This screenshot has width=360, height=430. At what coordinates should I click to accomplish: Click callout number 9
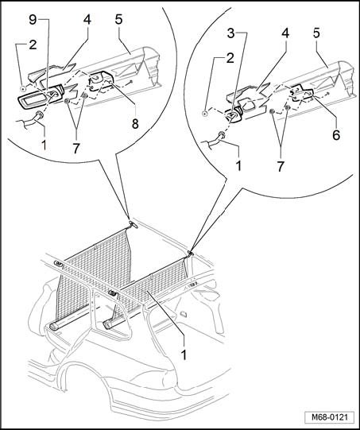pos(33,20)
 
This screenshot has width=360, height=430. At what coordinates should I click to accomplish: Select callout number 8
pos(135,123)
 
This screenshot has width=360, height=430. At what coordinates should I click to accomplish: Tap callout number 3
pos(231,33)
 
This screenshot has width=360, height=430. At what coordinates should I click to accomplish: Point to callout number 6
pos(336,134)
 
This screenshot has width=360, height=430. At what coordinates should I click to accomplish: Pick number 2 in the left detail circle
pos(33,45)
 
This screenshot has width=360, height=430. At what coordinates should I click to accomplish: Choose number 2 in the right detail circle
pos(230,58)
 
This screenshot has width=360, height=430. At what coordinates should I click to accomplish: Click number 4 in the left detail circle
pos(87,20)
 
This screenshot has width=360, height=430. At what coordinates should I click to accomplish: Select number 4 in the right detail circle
pos(285,33)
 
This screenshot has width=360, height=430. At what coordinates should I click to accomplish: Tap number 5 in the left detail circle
pos(118,20)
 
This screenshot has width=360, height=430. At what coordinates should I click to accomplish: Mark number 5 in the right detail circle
pos(316,33)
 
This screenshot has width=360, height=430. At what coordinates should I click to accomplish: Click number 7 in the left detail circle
pos(76,148)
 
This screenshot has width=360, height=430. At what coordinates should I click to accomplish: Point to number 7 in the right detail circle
pos(280,166)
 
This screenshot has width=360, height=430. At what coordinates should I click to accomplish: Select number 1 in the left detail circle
pos(44,145)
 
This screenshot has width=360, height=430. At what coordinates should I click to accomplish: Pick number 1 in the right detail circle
pos(239,165)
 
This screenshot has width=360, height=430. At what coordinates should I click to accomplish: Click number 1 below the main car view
pos(184,354)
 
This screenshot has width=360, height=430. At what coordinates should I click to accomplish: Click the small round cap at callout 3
pos(234,116)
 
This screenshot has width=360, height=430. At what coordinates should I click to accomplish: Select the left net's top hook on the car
pos(133,224)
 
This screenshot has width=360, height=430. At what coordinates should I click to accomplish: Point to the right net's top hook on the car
pos(190,253)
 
